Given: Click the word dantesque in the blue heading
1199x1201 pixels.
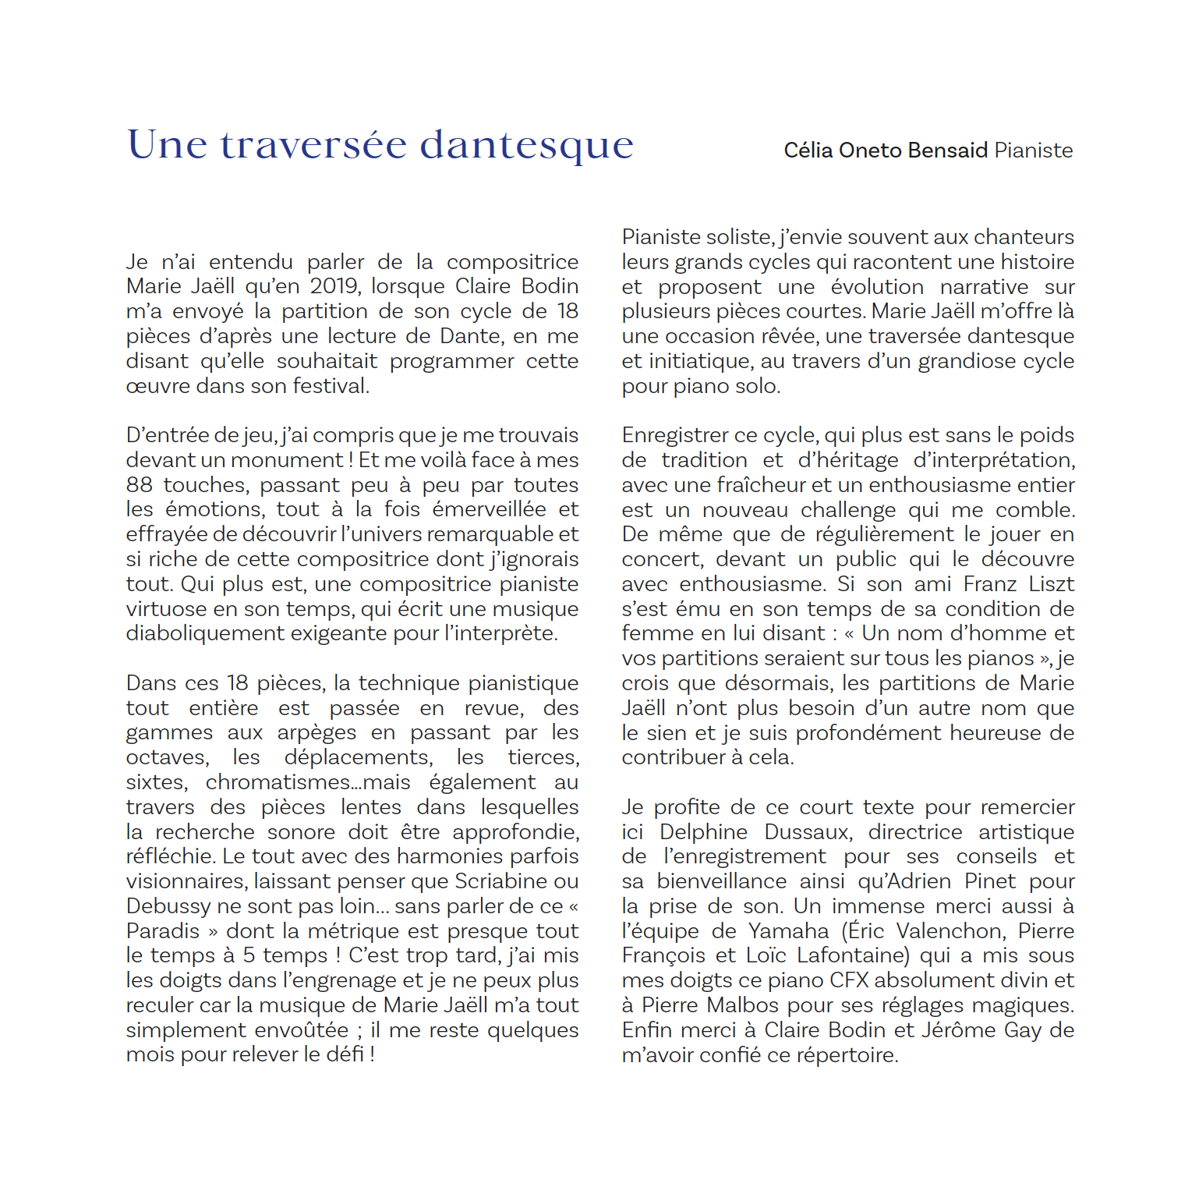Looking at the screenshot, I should tap(527, 146).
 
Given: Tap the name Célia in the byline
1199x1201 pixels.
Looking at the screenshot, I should tap(808, 151).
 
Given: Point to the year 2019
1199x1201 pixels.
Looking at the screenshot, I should tap(334, 287).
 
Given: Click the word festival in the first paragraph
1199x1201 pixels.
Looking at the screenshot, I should tap(328, 386).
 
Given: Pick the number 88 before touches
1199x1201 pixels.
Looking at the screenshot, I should tap(139, 485).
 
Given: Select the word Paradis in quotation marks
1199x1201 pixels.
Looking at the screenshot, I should tap(163, 931).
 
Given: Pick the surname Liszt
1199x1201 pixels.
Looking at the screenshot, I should tap(1051, 584).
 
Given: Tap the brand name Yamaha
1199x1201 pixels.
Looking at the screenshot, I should tap(788, 931).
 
